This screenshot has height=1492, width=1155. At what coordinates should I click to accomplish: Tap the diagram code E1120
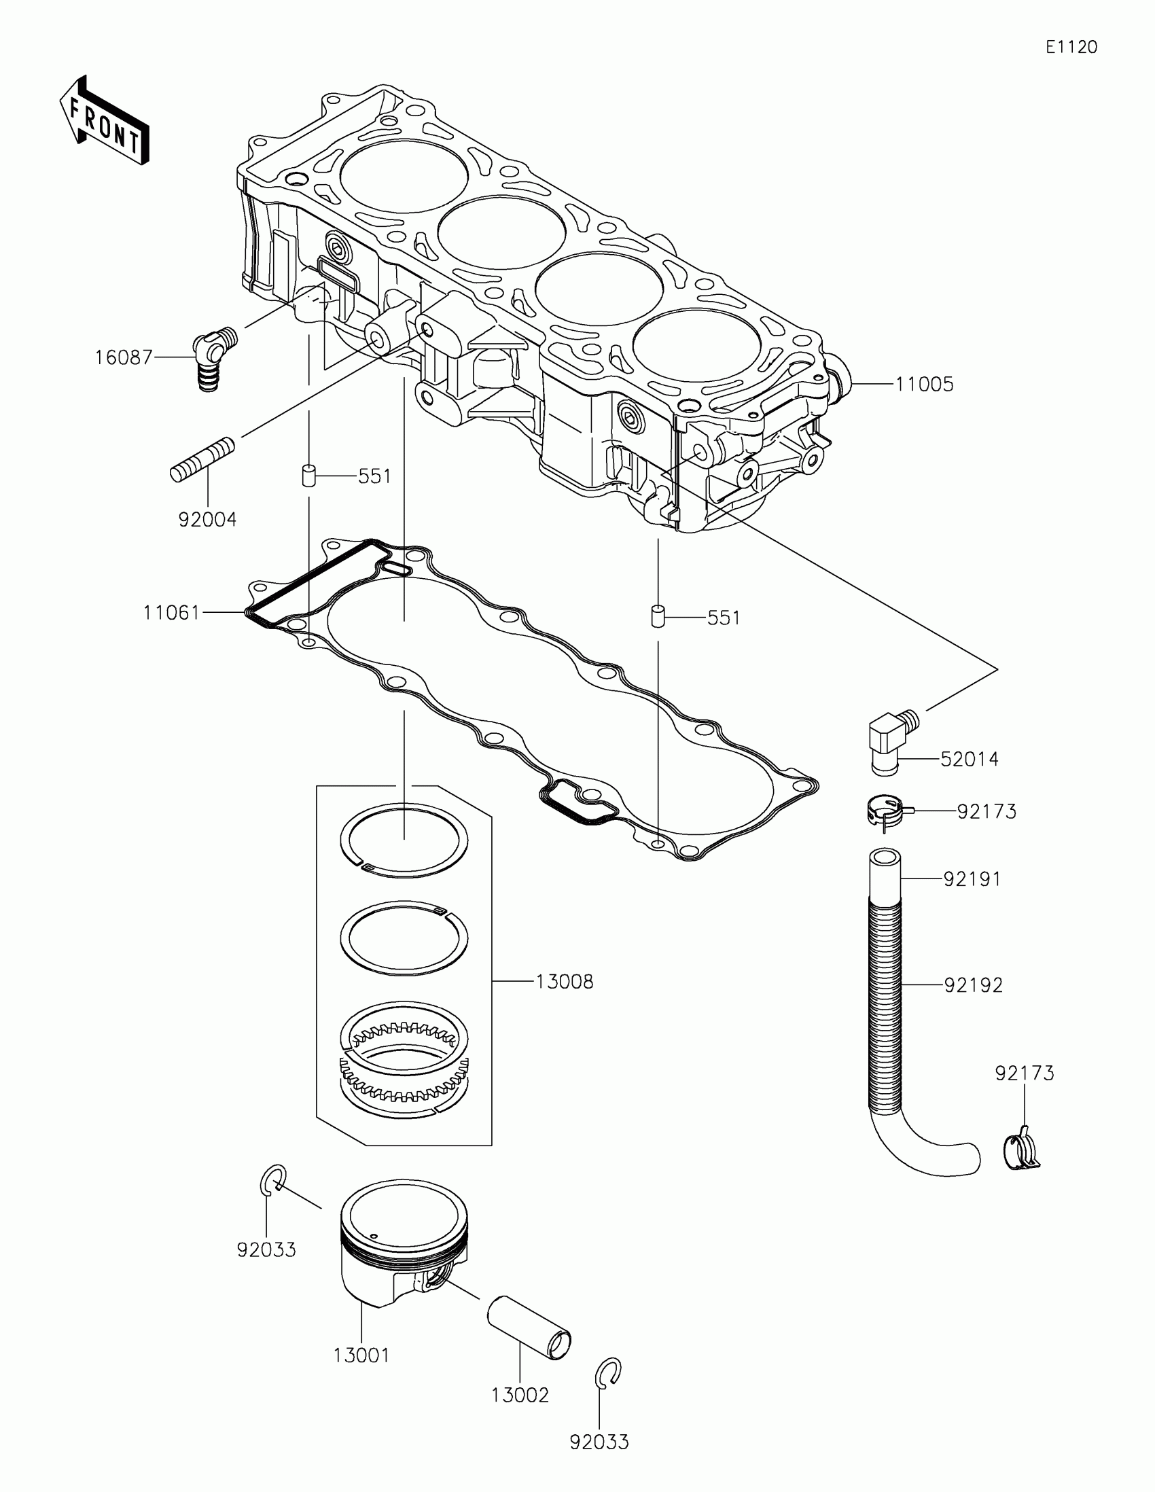point(1071,47)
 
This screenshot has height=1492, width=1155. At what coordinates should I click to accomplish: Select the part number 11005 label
point(924,384)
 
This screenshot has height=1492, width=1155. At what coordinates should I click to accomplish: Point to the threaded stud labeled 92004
point(202,461)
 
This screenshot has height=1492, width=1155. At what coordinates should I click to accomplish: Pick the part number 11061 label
point(171,613)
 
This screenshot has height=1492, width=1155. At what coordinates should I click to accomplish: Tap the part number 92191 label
point(972,879)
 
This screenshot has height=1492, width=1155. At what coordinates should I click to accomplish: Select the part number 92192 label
point(974,985)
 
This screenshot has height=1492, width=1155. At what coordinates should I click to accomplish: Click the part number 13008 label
point(564,982)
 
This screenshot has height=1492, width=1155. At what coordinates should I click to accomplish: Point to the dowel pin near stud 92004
point(308,475)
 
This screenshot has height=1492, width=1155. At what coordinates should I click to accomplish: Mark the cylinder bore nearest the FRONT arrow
point(404,179)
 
